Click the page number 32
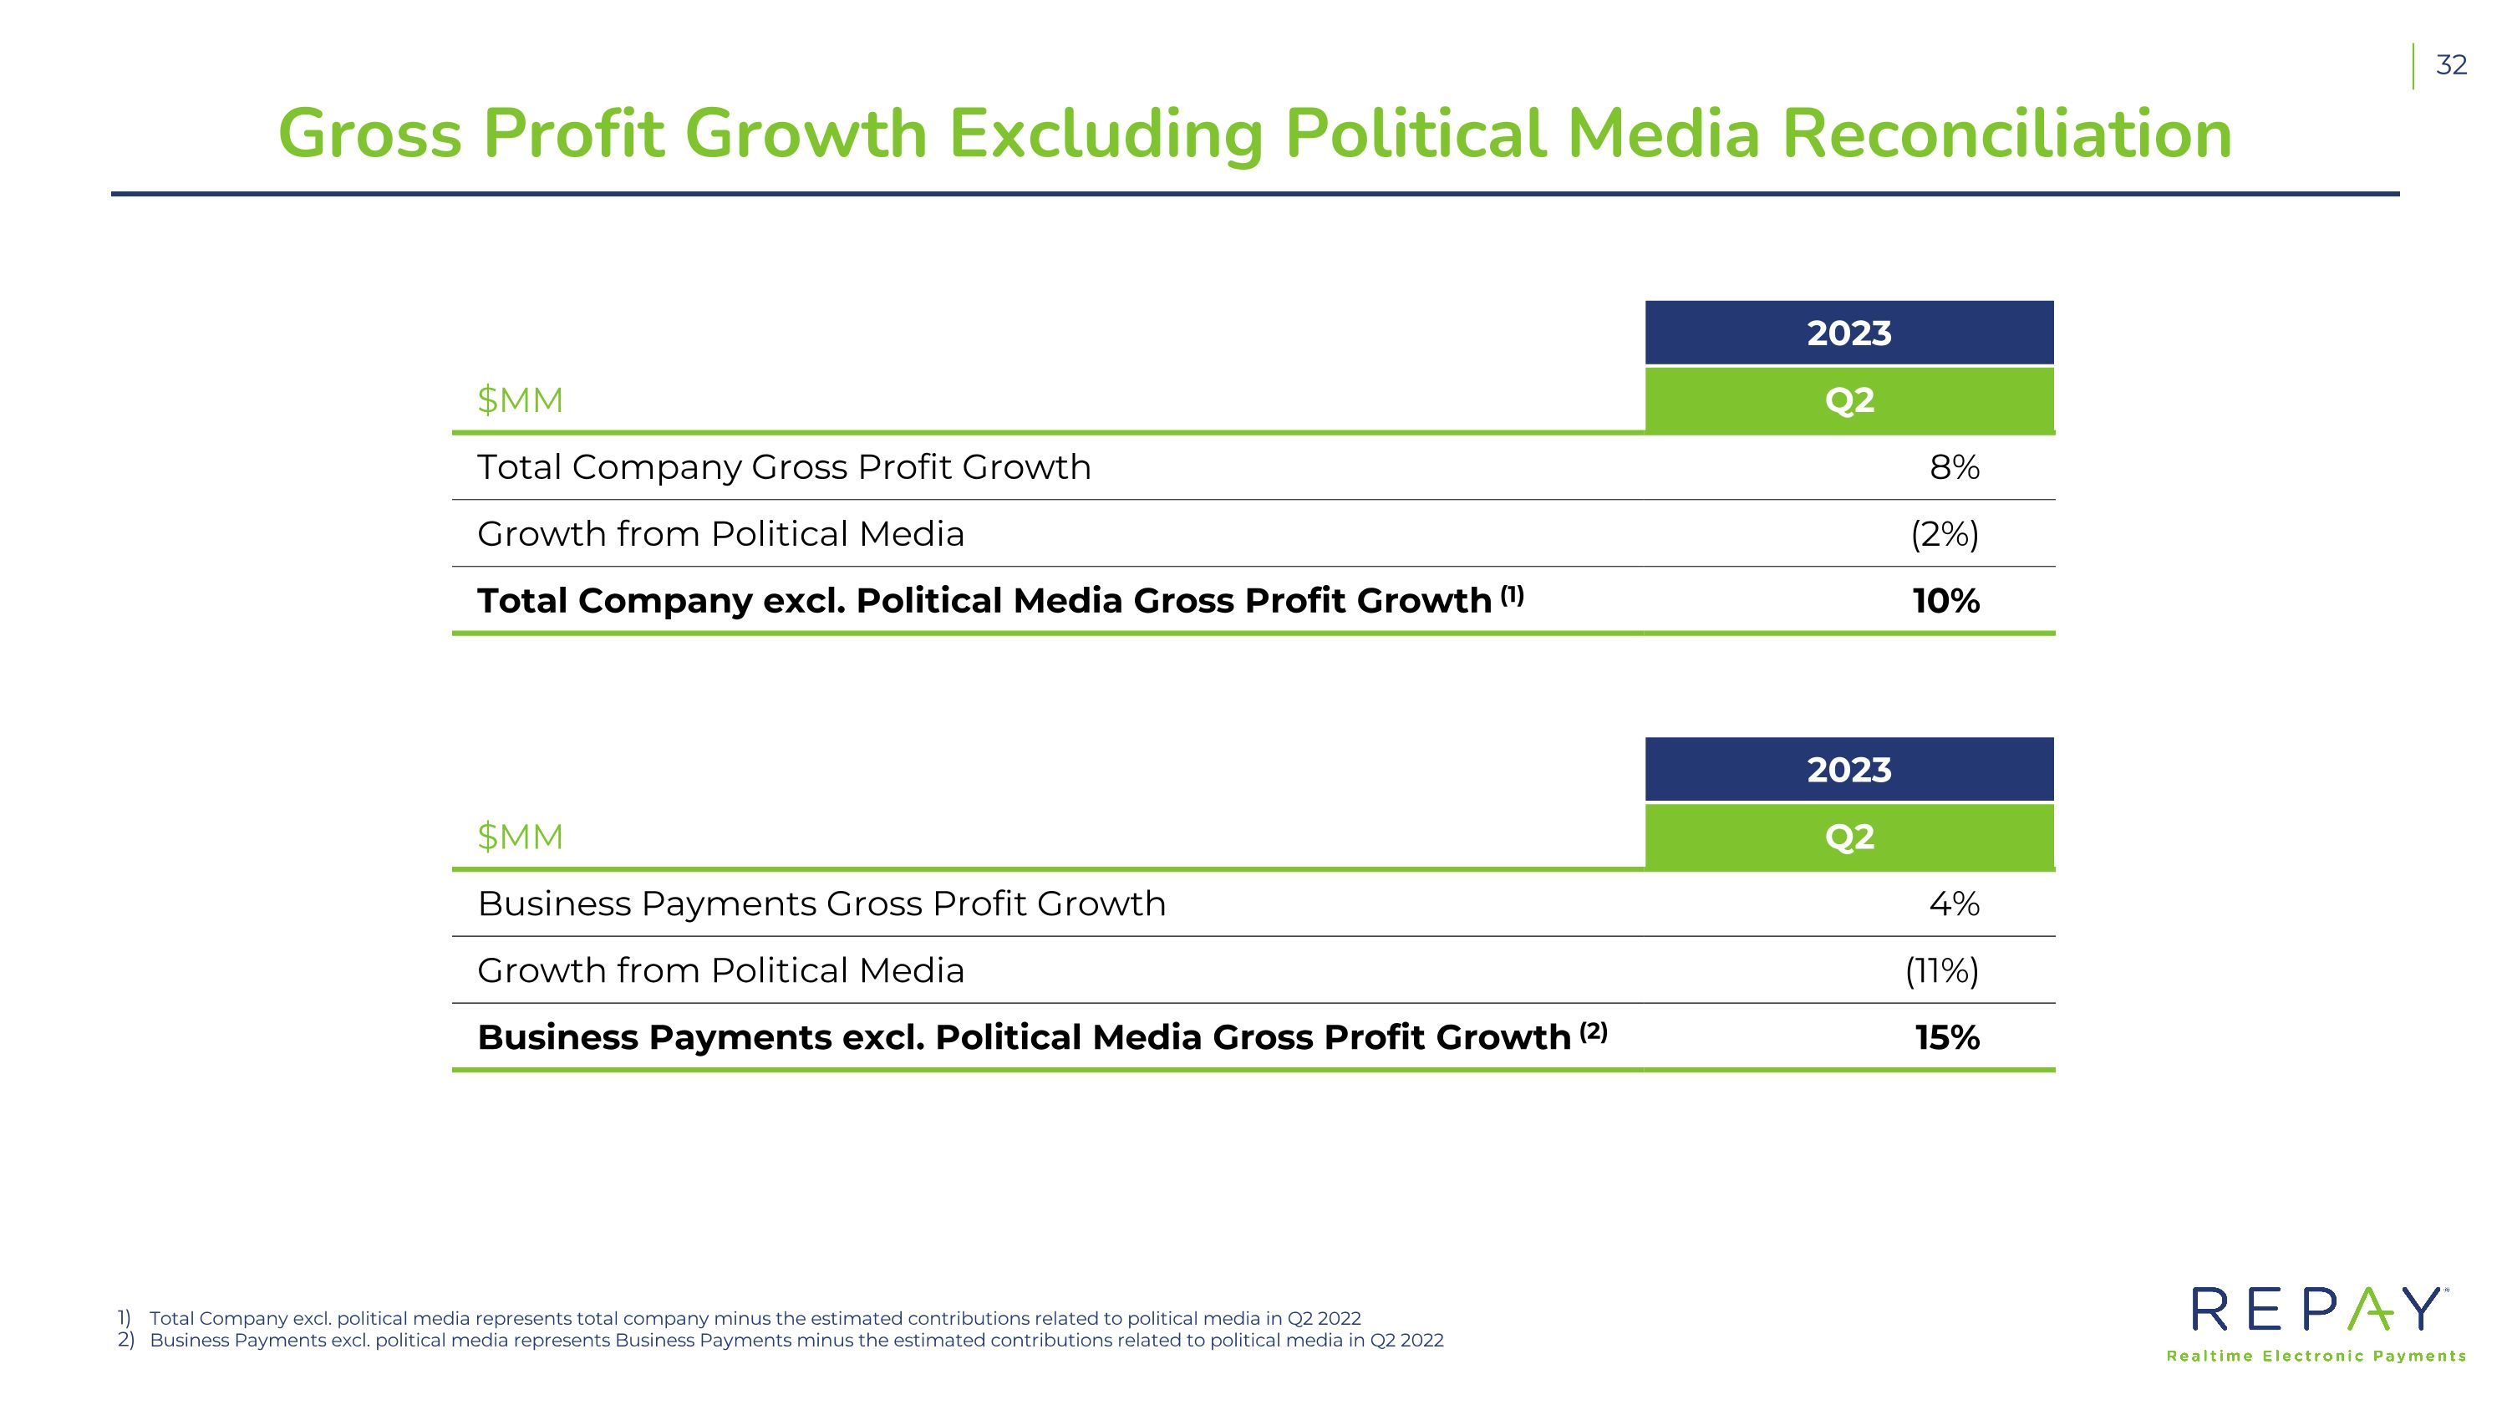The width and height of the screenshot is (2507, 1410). click(x=2450, y=65)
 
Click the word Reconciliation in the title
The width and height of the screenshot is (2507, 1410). click(x=2006, y=134)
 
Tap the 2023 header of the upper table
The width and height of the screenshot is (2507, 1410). click(x=1849, y=333)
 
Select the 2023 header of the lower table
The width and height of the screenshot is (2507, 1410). click(x=1849, y=770)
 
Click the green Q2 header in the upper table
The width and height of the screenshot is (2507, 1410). click(x=1849, y=400)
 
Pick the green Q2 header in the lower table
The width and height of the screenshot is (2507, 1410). click(x=1849, y=837)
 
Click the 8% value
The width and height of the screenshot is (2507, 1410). click(x=1955, y=467)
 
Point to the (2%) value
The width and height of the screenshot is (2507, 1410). click(x=1945, y=534)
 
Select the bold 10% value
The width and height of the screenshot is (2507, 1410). click(x=1945, y=600)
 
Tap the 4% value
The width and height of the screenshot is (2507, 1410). click(x=1955, y=904)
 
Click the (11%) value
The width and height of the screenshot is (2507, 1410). click(x=1941, y=971)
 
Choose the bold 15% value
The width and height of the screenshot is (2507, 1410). click(x=1947, y=1037)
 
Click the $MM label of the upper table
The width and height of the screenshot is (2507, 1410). click(x=520, y=400)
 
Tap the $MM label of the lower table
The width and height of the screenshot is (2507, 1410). click(x=520, y=837)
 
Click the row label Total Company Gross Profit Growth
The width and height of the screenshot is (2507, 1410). click(x=784, y=467)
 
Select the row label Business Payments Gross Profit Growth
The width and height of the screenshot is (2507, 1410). click(x=821, y=904)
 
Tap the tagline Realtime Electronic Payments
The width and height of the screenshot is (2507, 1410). click(x=2316, y=1357)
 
